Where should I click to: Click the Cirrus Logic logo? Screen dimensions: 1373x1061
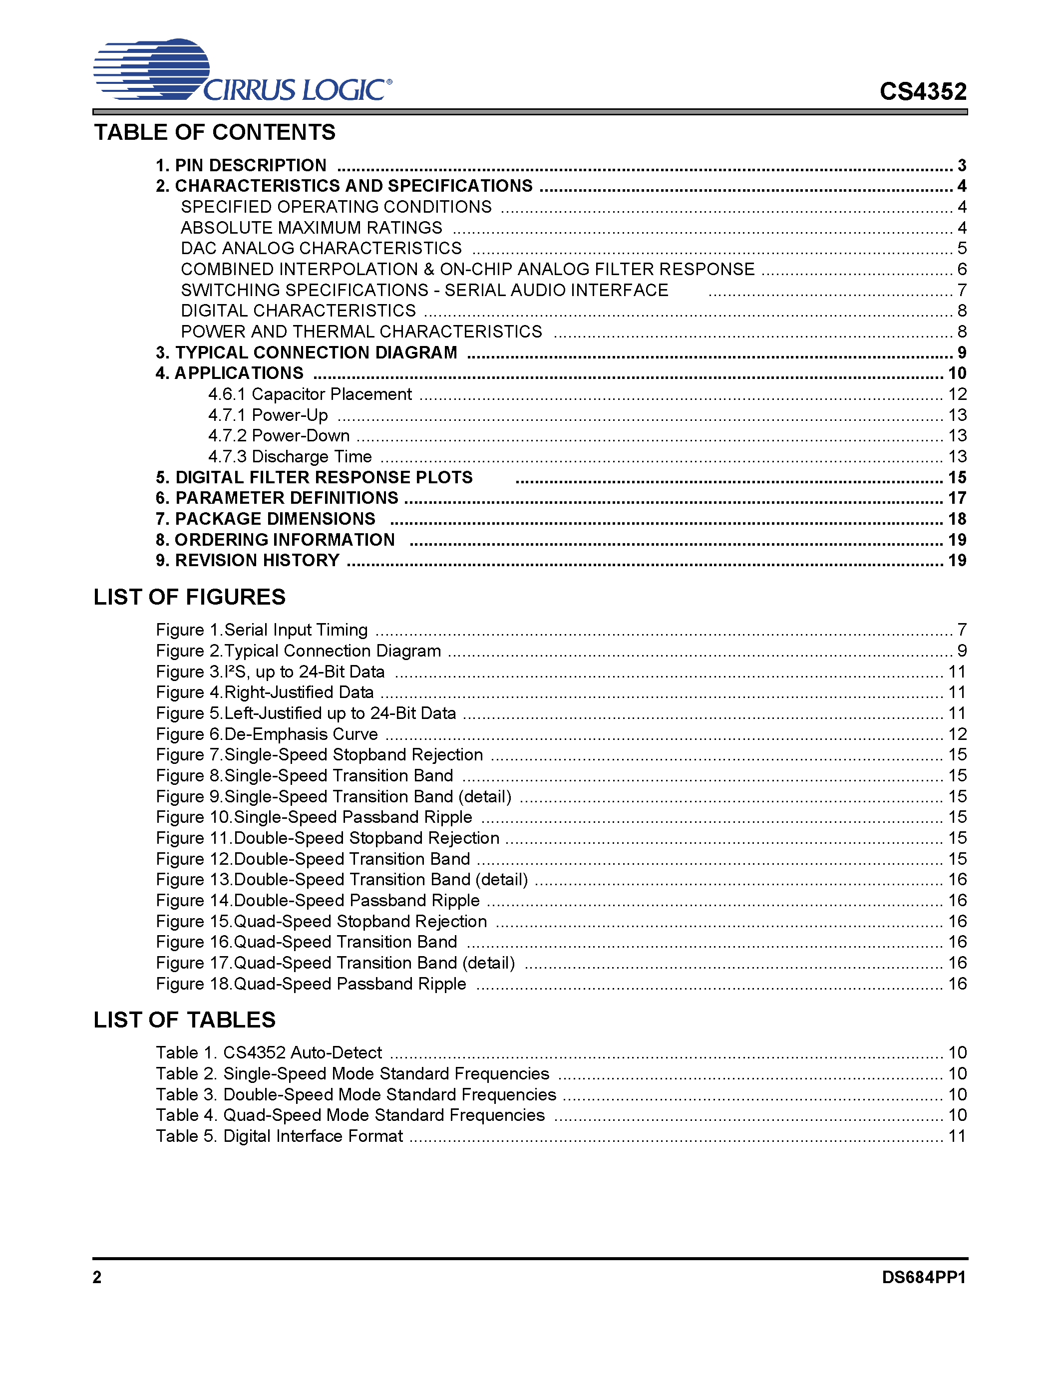click(x=242, y=70)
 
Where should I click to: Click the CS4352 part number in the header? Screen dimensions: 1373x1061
click(x=922, y=92)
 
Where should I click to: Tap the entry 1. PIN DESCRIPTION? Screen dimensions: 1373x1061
click(x=241, y=165)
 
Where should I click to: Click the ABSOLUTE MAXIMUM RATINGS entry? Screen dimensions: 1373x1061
click(x=311, y=228)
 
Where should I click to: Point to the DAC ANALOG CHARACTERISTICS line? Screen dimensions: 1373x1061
click(x=321, y=248)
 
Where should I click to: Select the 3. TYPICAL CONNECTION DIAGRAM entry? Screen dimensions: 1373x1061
click(x=306, y=352)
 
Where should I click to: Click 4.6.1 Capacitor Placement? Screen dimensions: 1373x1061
click(x=310, y=394)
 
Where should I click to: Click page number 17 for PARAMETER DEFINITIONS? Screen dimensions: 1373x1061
click(x=957, y=498)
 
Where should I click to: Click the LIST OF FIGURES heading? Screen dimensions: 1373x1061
click(x=189, y=597)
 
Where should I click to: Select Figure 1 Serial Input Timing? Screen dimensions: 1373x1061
click(x=262, y=630)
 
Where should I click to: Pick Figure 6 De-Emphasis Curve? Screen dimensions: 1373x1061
click(x=267, y=734)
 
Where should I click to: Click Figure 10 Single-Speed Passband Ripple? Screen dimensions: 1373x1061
click(x=314, y=817)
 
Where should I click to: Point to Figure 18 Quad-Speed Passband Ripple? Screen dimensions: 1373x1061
click(x=311, y=984)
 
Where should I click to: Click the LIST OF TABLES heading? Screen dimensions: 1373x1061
click(x=184, y=1020)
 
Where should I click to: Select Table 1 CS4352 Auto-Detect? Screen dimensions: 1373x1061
click(x=269, y=1053)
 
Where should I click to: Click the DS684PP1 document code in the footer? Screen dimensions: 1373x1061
click(x=923, y=1278)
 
